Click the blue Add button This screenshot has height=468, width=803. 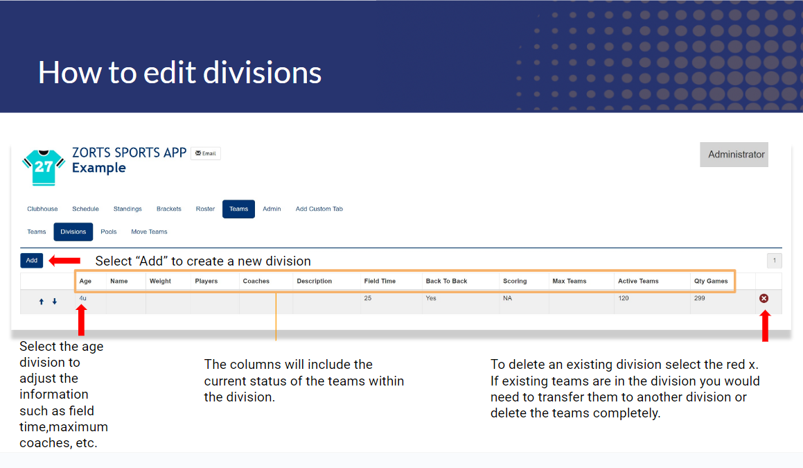coord(31,261)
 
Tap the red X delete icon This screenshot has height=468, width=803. coord(764,298)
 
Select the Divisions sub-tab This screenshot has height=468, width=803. coord(73,232)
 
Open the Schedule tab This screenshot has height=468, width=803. coord(85,209)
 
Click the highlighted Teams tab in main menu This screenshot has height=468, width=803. coord(238,209)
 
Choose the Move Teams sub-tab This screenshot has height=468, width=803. coord(149,232)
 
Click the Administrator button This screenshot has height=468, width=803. coord(734,155)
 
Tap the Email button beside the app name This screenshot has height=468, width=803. coord(206,153)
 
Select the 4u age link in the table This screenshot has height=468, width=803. coord(83,298)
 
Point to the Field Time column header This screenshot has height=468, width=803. coord(380,281)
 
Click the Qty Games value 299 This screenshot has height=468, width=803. coord(700,298)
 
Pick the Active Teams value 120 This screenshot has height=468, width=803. coord(624,298)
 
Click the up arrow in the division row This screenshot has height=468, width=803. coord(42,302)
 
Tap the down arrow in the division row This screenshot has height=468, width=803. coord(54,302)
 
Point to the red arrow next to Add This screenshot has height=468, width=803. coord(64,261)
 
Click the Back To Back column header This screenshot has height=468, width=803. coord(447,281)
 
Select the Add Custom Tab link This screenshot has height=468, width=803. coord(319,209)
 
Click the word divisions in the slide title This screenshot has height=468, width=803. coord(262,73)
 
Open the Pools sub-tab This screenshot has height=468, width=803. coord(109,232)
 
